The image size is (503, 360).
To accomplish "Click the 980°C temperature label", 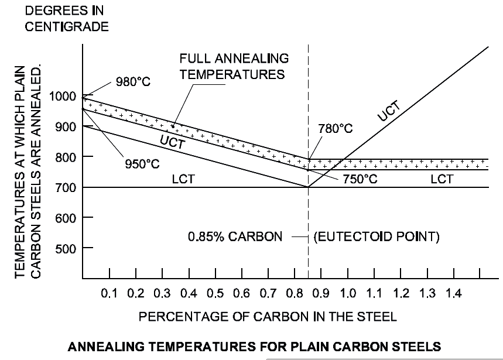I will click(134, 82).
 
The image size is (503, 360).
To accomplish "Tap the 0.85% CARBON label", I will click(239, 238).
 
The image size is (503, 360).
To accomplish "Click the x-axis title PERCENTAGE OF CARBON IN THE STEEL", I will click(268, 317).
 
